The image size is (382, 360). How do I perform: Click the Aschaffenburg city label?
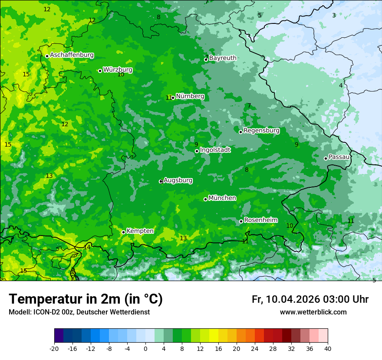72,55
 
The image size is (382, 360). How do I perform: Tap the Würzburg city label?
118,70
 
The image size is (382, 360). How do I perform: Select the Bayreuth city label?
223,58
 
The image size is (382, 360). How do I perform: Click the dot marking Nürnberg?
173,98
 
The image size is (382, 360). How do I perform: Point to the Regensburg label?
261,131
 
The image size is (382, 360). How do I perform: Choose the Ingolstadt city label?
215,150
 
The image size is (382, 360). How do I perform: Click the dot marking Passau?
326,158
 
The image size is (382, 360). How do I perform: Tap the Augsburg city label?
178,180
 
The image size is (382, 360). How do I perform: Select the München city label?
222,198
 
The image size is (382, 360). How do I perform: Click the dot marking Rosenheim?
241,222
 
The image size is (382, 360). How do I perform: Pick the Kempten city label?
140,231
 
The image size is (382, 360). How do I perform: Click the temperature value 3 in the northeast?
334,16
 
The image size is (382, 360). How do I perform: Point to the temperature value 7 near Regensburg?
249,105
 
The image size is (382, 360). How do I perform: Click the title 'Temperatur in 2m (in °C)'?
86,299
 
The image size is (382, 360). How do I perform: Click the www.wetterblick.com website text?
313,312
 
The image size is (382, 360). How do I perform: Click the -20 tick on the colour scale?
54,349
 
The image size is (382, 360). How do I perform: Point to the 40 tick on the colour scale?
327,349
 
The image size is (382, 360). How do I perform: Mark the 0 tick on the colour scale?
145,349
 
